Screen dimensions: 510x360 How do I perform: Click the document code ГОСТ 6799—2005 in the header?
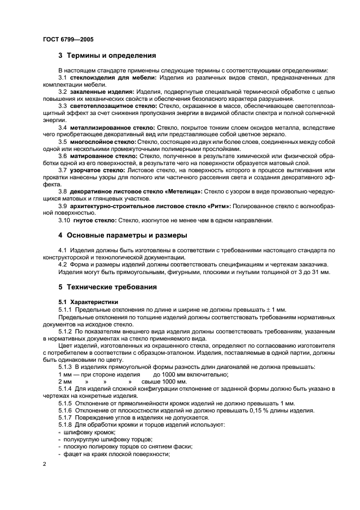64,40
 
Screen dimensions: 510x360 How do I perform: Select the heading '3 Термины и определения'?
107,56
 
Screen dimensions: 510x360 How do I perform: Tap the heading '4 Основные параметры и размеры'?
124,235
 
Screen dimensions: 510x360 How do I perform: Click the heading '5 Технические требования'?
108,287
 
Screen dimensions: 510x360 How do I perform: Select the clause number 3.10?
65,220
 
